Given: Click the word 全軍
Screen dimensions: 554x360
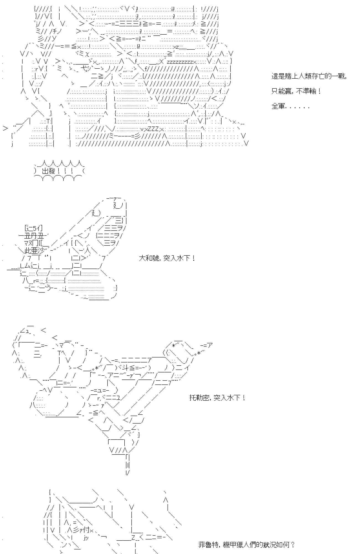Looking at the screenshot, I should (278, 106).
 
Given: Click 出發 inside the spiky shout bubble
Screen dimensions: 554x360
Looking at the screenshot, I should (49, 171).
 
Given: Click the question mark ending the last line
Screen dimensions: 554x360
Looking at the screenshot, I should (292, 545).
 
